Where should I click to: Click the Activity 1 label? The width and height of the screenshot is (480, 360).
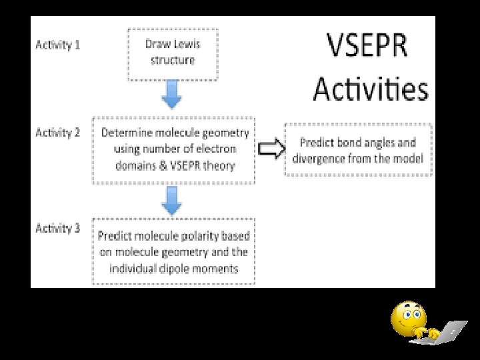click(57, 45)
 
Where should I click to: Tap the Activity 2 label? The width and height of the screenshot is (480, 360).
click(57, 132)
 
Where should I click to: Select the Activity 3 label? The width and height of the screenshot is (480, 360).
click(57, 228)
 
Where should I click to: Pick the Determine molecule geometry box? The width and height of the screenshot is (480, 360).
click(175, 149)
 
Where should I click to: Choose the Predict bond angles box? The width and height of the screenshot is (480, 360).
click(358, 150)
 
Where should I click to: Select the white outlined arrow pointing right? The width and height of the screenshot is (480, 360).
click(270, 149)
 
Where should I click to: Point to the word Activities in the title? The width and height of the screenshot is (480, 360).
click(371, 88)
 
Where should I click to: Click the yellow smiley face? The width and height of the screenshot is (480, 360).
click(408, 319)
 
